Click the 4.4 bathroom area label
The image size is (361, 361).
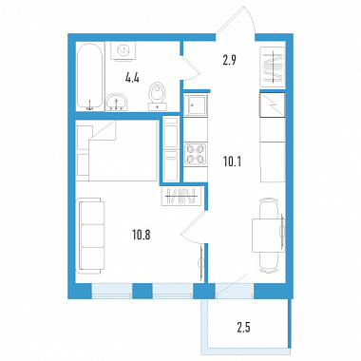pyautogui.click(x=132, y=78)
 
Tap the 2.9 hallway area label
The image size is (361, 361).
pyautogui.click(x=230, y=60)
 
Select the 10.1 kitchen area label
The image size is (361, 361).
pyautogui.click(x=233, y=162)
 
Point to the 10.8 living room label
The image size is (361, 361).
pyautogui.click(x=142, y=236)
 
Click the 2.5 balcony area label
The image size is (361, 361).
pyautogui.click(x=244, y=328)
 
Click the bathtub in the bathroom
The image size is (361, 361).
pyautogui.click(x=90, y=77)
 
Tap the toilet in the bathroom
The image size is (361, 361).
pyautogui.click(x=158, y=96)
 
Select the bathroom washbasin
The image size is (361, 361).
pyautogui.click(x=117, y=103)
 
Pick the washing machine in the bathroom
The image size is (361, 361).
pyautogui.click(x=123, y=50)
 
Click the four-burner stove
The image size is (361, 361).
pyautogui.click(x=196, y=154)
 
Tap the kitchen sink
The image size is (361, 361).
pyautogui.click(x=196, y=104)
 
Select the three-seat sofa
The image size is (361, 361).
pyautogui.click(x=91, y=236)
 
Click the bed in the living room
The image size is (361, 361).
pyautogui.click(x=117, y=150)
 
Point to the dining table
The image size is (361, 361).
pyautogui.click(x=268, y=235)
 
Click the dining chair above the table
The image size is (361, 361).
pyautogui.click(x=269, y=208)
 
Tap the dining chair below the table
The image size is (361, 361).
pyautogui.click(x=269, y=262)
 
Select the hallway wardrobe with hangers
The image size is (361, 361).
pyautogui.click(x=273, y=66)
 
